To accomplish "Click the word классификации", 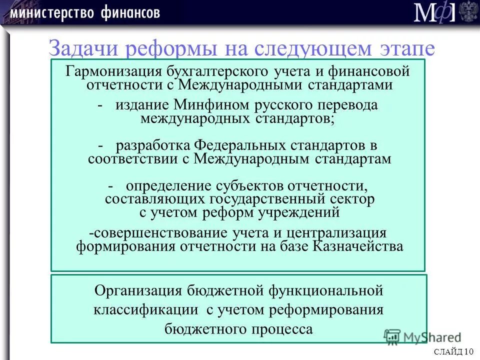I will [x=145, y=309].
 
